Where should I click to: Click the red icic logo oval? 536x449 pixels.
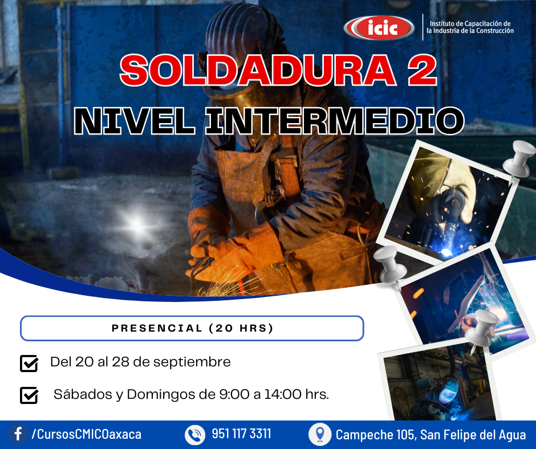[x=379, y=28]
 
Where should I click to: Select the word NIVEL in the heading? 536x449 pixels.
[x=135, y=121]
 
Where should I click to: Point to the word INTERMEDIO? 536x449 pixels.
[x=335, y=121]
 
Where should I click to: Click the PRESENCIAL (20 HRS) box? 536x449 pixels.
[x=192, y=328]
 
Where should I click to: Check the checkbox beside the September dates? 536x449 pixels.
[x=29, y=363]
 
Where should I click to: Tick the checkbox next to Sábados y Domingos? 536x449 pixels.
[x=29, y=395]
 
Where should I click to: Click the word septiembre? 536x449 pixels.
[x=192, y=362]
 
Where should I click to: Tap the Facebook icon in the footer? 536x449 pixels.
[x=18, y=434]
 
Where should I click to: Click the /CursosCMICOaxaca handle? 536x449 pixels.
[x=87, y=434]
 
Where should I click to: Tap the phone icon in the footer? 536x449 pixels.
[x=195, y=435]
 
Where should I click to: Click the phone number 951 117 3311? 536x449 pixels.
[x=241, y=434]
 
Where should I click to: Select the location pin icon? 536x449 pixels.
[x=320, y=434]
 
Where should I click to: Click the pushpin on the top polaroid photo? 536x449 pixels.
[x=519, y=159]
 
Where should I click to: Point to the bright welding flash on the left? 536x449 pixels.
[x=137, y=224]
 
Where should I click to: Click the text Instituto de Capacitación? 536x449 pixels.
[x=470, y=23]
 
